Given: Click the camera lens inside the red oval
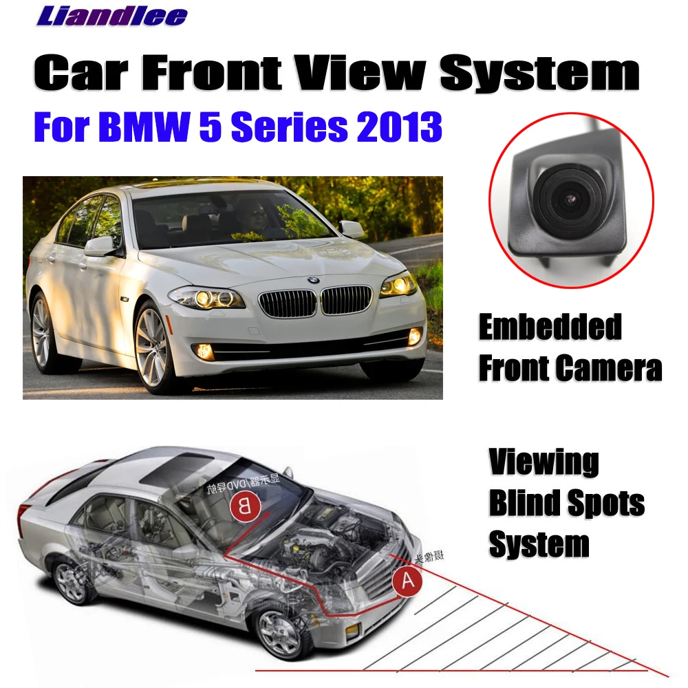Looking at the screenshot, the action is pos(568,198).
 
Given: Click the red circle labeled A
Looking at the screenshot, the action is pos(407,581).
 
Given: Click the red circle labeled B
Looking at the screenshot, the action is pos(244,508).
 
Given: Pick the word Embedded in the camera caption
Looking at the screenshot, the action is pos(550,327).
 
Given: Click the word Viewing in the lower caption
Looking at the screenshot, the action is pos(544,463).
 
